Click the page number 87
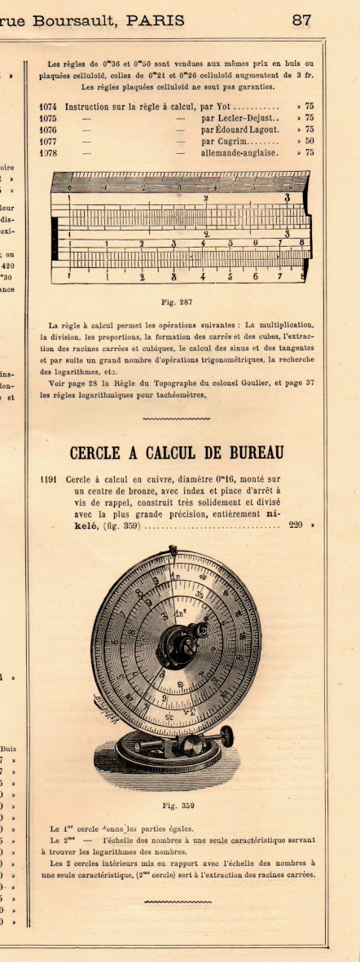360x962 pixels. [x=301, y=20]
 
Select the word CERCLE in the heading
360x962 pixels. [x=98, y=453]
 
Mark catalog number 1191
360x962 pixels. [x=48, y=479]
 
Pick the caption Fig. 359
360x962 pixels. [x=175, y=806]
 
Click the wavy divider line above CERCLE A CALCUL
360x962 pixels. [x=176, y=419]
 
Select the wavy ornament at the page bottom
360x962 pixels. [x=177, y=902]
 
